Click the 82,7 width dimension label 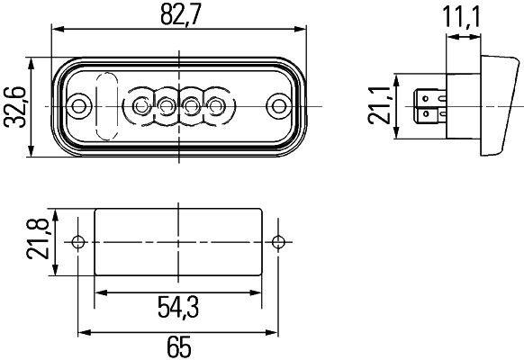pyautogui.click(x=179, y=15)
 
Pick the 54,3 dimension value pyautogui.click(x=178, y=309)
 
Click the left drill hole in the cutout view pyautogui.click(x=78, y=242)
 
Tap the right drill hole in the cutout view pyautogui.click(x=278, y=242)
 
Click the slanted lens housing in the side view pyautogui.click(x=500, y=106)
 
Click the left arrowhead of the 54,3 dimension pyautogui.click(x=100, y=292)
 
